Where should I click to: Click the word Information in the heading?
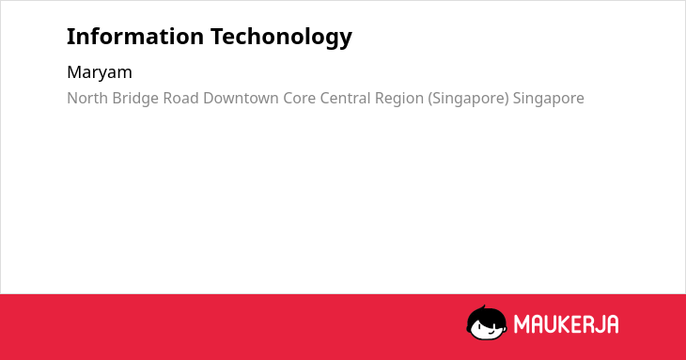135,37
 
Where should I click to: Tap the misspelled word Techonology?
281,38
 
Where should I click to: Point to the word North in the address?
87,98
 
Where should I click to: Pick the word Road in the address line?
180,98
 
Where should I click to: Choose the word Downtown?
241,98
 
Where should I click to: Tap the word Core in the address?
299,99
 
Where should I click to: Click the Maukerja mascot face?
487,323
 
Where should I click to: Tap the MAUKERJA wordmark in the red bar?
566,324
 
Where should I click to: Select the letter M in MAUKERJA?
522,324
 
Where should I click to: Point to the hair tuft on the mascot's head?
483,308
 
